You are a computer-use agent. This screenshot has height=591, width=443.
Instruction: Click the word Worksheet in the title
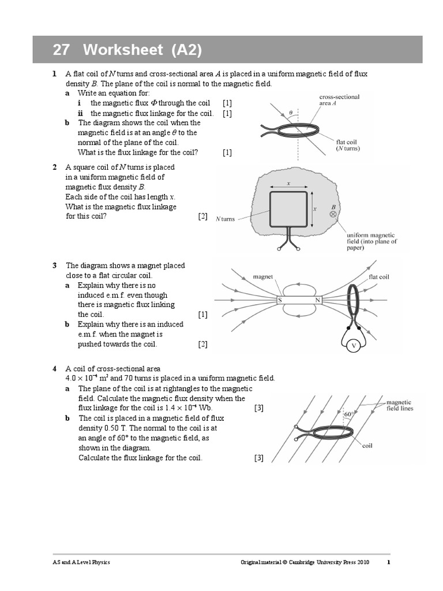tap(123, 50)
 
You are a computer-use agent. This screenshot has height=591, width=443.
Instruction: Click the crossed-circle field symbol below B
tap(333, 214)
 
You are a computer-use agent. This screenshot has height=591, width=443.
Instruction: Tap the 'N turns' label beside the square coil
tap(225, 219)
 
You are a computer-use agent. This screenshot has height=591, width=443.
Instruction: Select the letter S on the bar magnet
tap(280, 301)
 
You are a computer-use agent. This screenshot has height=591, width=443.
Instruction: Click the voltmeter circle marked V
tap(353, 345)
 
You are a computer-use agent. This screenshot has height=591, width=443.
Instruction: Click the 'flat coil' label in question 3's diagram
tap(379, 277)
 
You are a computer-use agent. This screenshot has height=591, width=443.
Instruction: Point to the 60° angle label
tap(348, 414)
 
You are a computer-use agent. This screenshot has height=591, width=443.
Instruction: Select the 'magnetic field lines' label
tap(399, 405)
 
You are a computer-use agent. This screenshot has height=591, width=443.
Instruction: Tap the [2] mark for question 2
tap(202, 216)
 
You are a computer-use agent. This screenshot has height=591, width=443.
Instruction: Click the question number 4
tap(54, 368)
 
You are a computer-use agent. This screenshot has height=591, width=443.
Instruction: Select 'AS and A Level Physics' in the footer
tap(79, 562)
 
